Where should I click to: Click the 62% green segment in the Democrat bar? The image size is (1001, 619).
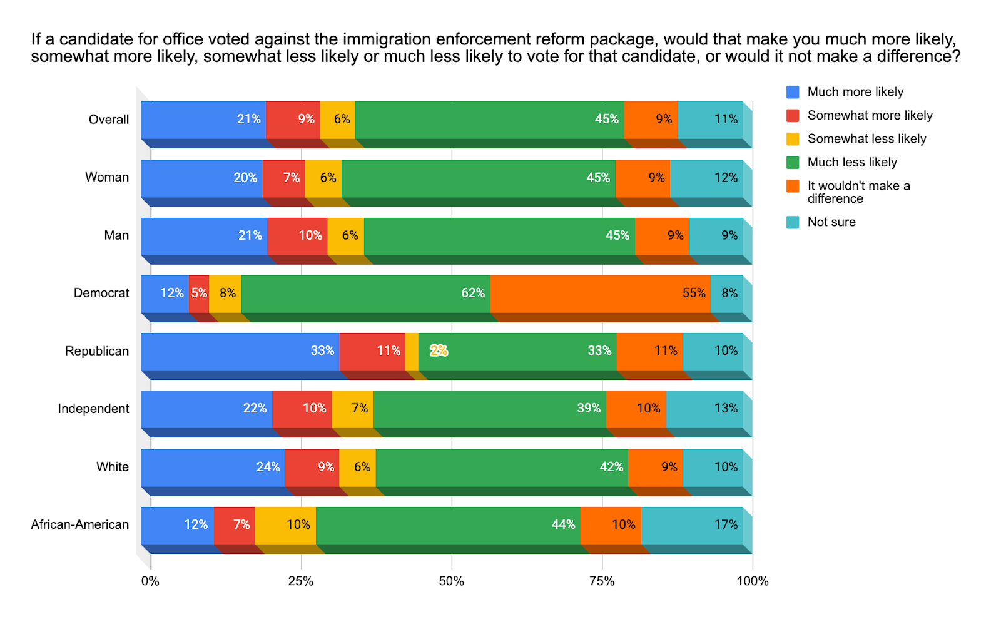point(365,294)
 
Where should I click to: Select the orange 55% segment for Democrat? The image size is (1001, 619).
point(600,294)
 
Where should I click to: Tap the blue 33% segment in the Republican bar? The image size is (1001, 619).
point(240,351)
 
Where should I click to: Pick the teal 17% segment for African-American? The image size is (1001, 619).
point(691,525)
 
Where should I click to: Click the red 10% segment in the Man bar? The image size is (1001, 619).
point(297,236)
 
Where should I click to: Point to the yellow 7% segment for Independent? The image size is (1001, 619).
point(352,409)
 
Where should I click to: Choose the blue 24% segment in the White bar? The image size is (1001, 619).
point(213,468)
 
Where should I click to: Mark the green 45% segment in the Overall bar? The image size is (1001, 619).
point(489,120)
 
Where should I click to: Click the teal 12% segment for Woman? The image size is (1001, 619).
point(706,178)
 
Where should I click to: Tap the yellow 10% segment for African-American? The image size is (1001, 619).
point(285,525)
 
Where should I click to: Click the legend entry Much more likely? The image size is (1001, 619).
point(855,92)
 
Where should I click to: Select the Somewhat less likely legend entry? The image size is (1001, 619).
point(866,139)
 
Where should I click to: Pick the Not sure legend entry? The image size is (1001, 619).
point(831,222)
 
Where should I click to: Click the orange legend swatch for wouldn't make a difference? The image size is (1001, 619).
point(793,186)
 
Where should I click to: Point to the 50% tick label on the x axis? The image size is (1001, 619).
point(451,581)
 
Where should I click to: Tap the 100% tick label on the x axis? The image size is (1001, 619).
point(752,581)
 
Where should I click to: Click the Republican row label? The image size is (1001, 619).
point(97,351)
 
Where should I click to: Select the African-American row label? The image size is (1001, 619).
point(79,525)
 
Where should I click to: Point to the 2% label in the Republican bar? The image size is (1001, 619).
point(439,351)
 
